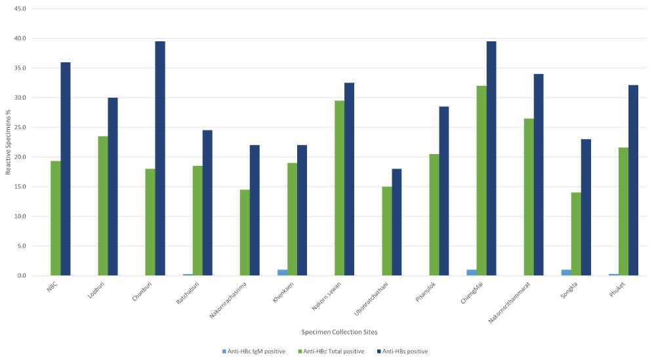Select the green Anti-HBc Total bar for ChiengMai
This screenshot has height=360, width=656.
tap(482, 181)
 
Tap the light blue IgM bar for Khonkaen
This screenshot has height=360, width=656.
tap(282, 273)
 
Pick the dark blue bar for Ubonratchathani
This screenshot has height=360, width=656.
tap(396, 222)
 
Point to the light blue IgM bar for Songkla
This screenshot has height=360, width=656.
tap(566, 273)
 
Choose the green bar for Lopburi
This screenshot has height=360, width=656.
tap(103, 206)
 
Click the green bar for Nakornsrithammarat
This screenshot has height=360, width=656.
tap(529, 197)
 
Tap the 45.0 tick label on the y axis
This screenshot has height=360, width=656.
tap(20, 9)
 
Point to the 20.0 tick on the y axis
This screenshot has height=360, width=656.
tap(20, 157)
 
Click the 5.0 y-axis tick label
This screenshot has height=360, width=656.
tap(21, 247)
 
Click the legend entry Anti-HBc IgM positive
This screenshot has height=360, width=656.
tap(256, 351)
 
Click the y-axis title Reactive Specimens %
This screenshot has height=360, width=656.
tap(8, 143)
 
